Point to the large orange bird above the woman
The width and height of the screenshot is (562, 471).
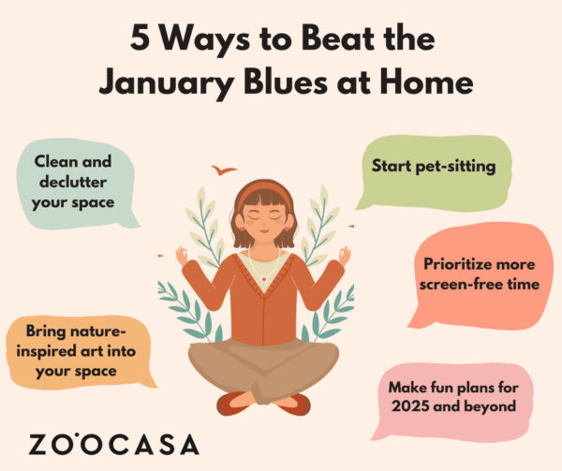(x=223, y=170)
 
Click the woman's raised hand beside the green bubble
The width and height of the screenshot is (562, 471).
(x=344, y=254)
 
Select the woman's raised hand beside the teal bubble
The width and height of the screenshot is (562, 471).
(x=182, y=255)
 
